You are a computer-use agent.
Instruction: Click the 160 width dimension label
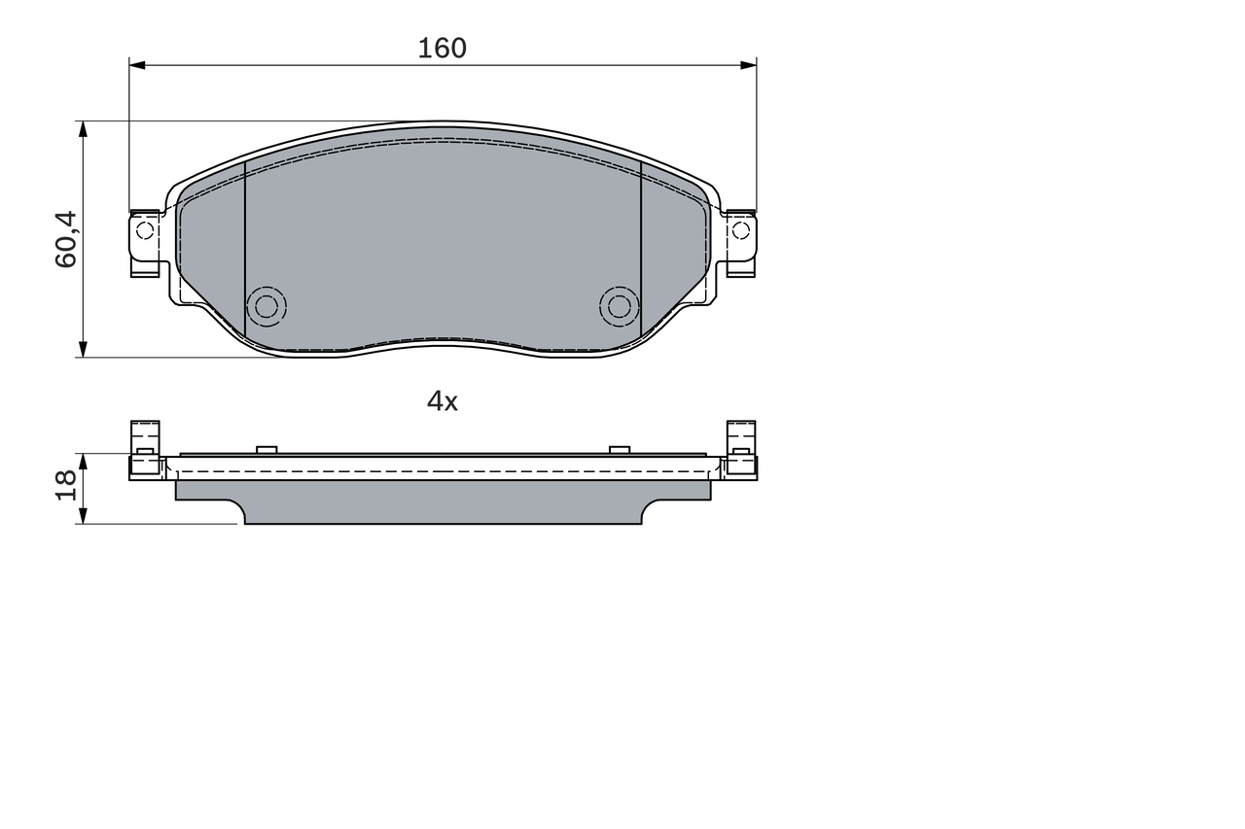[443, 48]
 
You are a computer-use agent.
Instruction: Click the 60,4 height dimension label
[66, 239]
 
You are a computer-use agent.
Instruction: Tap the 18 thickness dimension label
[66, 484]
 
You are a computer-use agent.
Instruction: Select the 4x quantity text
[443, 400]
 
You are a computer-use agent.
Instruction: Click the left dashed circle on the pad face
[267, 306]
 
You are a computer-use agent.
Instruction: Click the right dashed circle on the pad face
[619, 306]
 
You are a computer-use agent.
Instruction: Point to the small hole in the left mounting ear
[145, 230]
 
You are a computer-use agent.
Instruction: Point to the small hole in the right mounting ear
[740, 230]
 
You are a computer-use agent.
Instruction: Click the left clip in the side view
[145, 450]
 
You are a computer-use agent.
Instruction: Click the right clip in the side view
[741, 450]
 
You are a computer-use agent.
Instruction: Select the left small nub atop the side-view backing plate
[267, 449]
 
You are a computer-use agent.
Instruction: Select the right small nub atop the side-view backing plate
[619, 449]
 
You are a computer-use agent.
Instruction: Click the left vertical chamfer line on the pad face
[245, 253]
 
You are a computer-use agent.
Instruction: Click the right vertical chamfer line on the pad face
[642, 253]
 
